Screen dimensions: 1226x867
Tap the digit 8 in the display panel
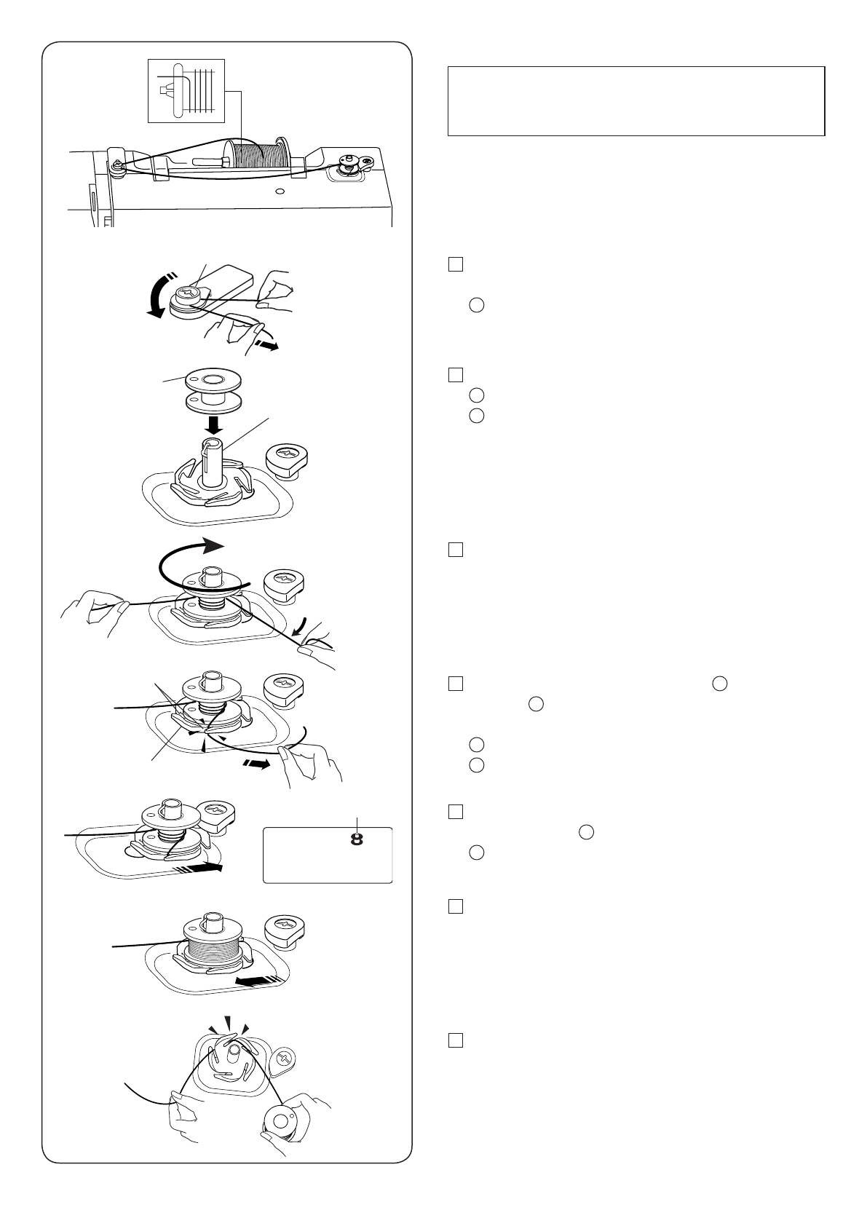point(357,839)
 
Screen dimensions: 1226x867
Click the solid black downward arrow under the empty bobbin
point(214,424)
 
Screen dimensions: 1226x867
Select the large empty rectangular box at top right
point(636,101)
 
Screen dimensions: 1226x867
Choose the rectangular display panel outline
point(328,855)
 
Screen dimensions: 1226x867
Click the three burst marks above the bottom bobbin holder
point(228,1025)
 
